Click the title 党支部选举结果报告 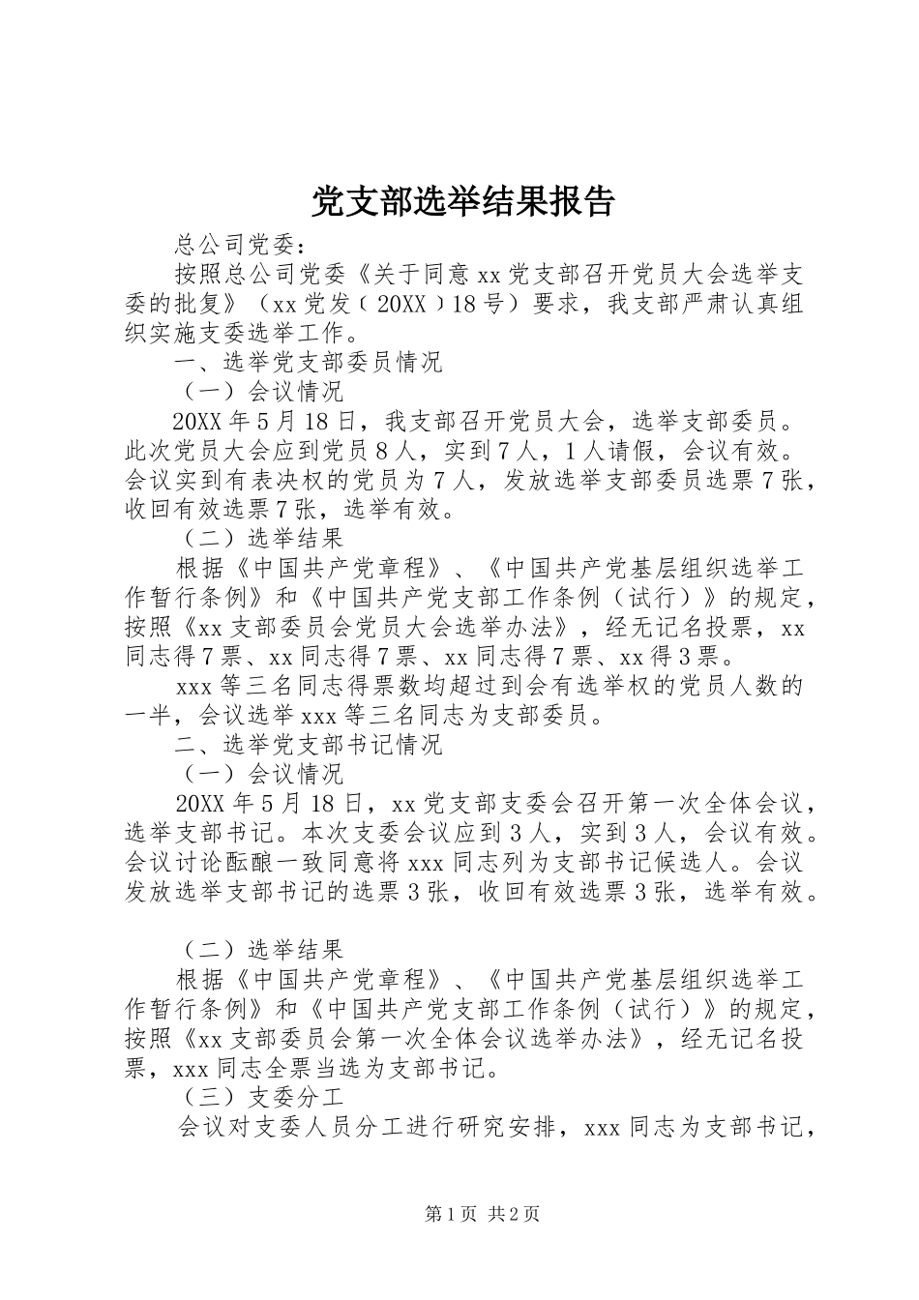(x=462, y=201)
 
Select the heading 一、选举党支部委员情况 (x=308, y=363)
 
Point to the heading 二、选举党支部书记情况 (x=308, y=745)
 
